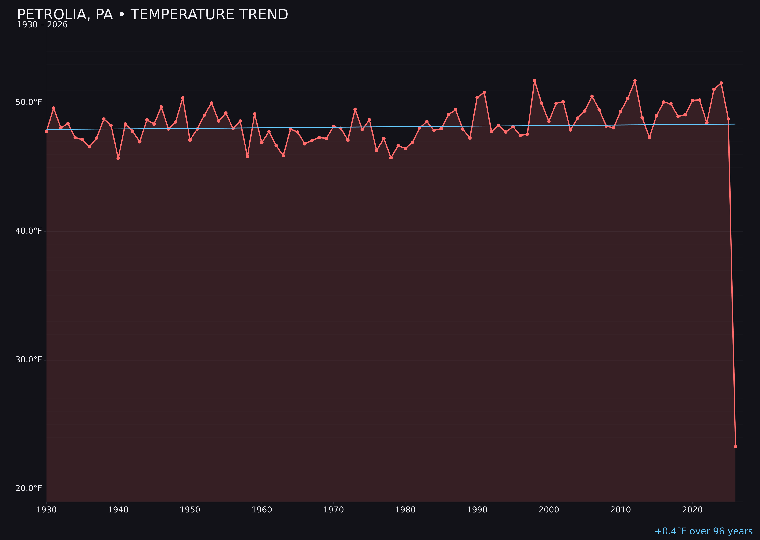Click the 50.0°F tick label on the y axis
point(29,102)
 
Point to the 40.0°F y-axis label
point(29,231)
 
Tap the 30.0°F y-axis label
point(29,359)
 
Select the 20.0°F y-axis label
point(29,488)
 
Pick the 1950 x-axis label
point(190,510)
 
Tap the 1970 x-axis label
point(333,510)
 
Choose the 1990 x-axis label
point(477,510)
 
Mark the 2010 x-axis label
point(621,510)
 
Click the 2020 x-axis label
point(692,510)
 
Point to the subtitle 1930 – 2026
point(42,25)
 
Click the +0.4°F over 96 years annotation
point(703,531)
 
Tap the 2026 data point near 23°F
point(735,447)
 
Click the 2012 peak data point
point(635,81)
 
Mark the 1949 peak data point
point(183,98)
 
